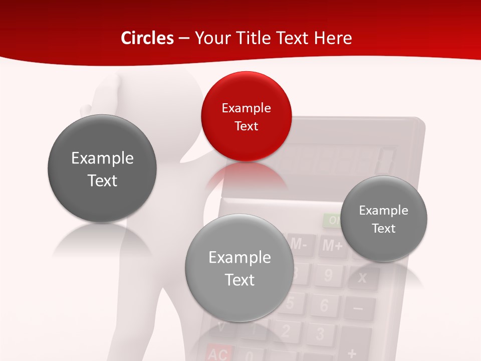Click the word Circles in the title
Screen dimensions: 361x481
coord(147,38)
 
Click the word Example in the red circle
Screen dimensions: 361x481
coord(246,108)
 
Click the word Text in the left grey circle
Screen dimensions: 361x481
coord(102,180)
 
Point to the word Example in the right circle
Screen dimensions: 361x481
coord(384,211)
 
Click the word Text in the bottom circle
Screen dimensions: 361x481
coord(239,280)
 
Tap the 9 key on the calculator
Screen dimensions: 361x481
coord(328,275)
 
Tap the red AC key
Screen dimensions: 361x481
coord(217,354)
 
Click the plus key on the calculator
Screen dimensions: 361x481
coord(352,353)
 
